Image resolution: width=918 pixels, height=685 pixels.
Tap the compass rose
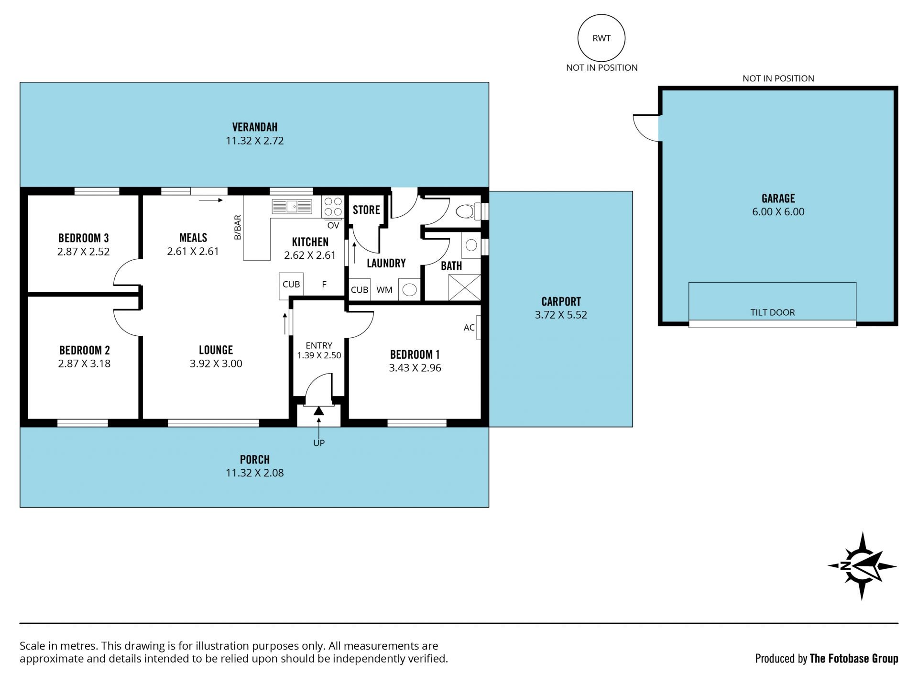click(x=862, y=565)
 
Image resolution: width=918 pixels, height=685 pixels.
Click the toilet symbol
click(x=469, y=211)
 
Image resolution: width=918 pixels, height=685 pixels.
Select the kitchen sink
click(x=292, y=207)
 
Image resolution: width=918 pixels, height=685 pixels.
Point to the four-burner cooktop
click(x=333, y=207)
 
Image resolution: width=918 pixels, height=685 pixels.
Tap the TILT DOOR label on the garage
click(x=772, y=312)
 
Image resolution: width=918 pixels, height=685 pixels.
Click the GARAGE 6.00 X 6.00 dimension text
click(x=778, y=211)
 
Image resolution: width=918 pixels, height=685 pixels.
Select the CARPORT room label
click(x=561, y=301)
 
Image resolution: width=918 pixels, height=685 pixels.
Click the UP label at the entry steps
click(x=319, y=443)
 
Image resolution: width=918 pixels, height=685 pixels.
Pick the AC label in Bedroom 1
click(x=469, y=327)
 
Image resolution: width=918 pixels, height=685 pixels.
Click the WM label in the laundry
click(x=384, y=290)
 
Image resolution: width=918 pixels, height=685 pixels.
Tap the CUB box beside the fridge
click(x=291, y=285)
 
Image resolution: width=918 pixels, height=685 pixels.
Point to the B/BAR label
click(x=238, y=227)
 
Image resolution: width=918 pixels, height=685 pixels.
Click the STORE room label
click(x=366, y=210)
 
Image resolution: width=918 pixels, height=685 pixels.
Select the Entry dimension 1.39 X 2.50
click(x=319, y=355)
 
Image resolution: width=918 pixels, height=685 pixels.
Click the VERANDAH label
click(x=255, y=127)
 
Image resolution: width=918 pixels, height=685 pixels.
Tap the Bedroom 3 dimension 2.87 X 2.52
click(x=84, y=252)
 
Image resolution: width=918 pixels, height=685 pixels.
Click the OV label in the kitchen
click(x=333, y=225)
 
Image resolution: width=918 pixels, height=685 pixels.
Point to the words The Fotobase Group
click(x=854, y=659)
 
